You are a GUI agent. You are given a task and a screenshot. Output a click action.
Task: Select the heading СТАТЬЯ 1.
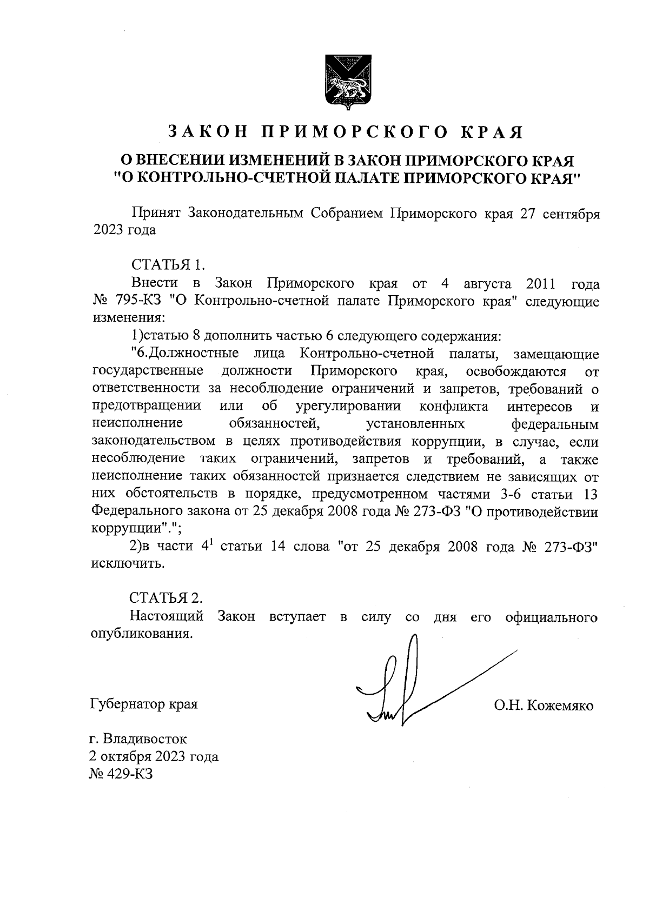(x=168, y=265)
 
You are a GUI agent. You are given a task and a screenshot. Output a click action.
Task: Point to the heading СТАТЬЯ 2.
(x=167, y=598)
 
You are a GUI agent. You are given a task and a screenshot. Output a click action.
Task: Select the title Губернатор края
(x=143, y=704)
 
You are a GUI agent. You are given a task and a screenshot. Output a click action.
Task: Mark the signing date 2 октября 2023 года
(x=154, y=756)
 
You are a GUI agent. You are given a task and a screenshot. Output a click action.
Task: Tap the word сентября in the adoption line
(x=569, y=213)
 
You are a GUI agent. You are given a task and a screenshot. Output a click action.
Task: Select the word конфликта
(x=454, y=406)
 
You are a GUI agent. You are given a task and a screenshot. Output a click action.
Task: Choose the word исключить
(x=126, y=563)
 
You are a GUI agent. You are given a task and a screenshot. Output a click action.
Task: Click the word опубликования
(x=141, y=633)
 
